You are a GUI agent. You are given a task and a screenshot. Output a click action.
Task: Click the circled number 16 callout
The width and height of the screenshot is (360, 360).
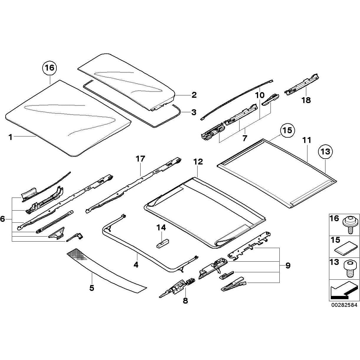[x=50, y=68]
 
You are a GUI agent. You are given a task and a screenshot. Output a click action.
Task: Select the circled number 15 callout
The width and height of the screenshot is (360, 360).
[x=287, y=130]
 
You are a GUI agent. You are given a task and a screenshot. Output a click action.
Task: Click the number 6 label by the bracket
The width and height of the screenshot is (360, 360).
[x=3, y=219]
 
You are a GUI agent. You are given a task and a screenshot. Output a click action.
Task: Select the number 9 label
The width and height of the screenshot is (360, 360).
[x=288, y=265]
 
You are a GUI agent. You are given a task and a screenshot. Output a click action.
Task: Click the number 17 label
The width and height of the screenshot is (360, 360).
[x=141, y=159]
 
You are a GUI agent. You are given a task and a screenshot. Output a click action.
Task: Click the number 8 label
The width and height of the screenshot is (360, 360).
[x=185, y=301]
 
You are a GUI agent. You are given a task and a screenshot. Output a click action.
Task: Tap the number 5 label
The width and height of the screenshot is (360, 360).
[x=92, y=287]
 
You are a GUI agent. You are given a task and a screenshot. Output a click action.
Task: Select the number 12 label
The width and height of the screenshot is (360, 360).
[x=198, y=162]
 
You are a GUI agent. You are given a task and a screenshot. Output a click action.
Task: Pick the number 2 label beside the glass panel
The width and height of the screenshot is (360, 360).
[x=194, y=95]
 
